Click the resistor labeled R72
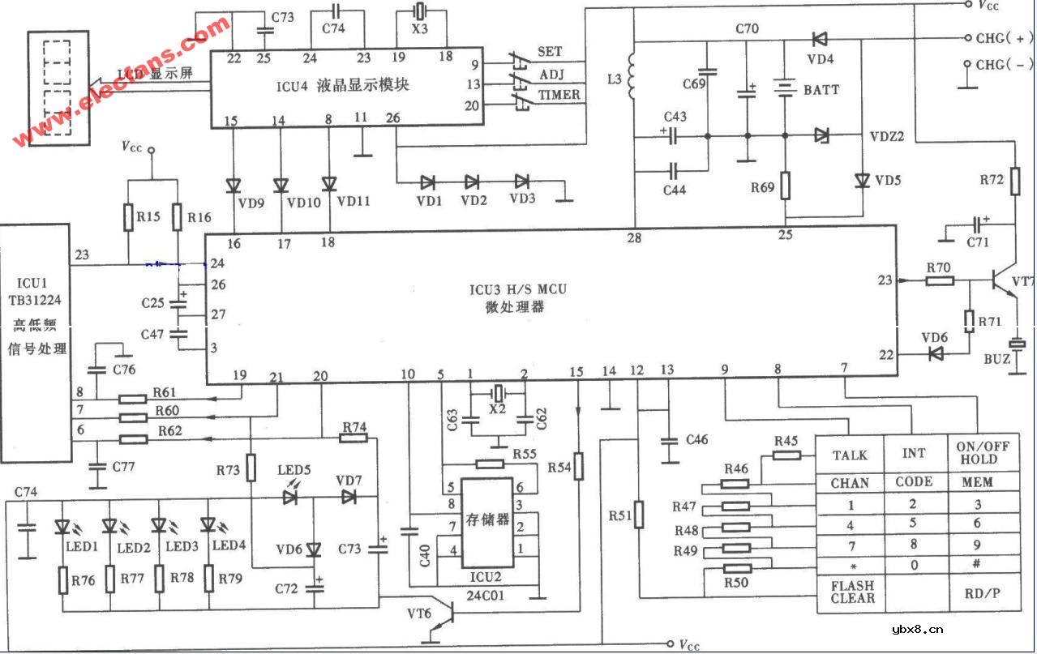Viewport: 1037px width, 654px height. pos(1014,182)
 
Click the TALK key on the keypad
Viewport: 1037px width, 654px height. pos(850,455)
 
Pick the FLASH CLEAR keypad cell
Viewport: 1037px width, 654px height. pos(851,592)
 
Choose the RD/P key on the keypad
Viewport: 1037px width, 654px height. pos(981,592)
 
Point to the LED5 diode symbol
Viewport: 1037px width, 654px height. pos(290,497)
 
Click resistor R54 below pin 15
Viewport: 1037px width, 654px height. pos(578,468)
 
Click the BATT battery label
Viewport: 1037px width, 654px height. pos(821,89)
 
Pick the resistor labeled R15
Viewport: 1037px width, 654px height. pos(128,216)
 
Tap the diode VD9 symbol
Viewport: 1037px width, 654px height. pos(234,184)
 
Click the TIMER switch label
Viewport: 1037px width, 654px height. pos(559,95)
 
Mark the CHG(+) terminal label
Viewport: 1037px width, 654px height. pos(1004,38)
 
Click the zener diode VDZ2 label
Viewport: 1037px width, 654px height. pos(886,136)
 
